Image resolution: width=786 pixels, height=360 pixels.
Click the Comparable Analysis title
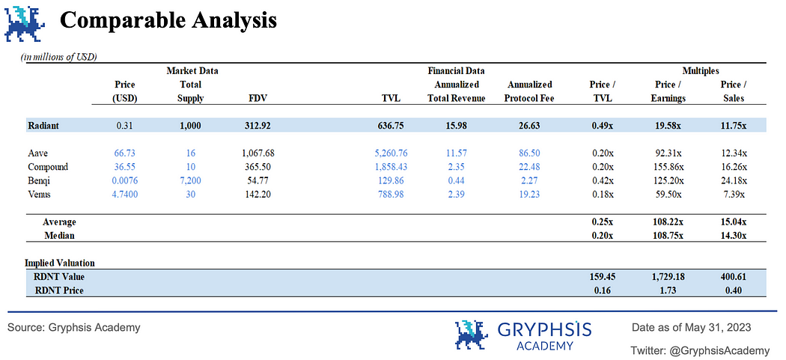coord(168,20)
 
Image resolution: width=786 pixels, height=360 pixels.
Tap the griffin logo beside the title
coord(25,22)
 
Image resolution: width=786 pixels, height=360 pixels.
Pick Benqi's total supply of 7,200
coord(191,180)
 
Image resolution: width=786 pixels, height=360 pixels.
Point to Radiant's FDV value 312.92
coord(259,125)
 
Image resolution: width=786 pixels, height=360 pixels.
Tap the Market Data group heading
coord(192,70)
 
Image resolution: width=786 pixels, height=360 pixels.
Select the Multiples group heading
coord(701,70)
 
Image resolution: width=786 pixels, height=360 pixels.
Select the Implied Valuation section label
coord(59,263)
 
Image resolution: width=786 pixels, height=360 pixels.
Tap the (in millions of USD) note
coord(59,57)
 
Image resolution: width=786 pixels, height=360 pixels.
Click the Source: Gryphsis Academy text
coord(74,327)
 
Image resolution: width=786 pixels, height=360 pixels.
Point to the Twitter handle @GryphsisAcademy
coord(700,350)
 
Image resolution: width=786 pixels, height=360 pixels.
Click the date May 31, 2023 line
coord(691,327)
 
